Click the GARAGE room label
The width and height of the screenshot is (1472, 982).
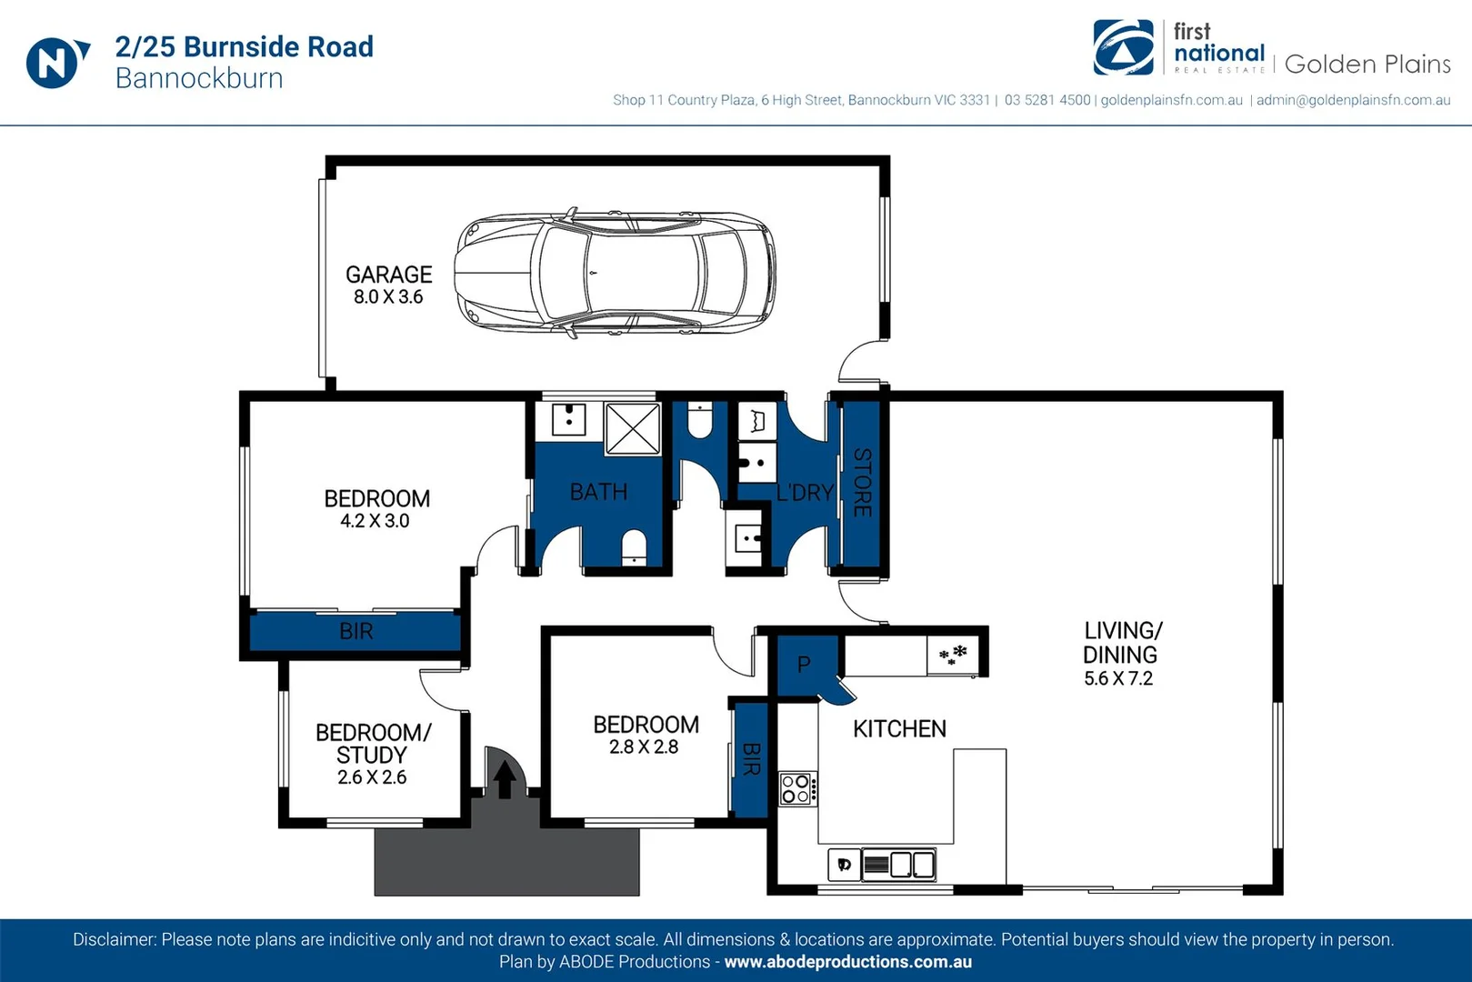(x=388, y=275)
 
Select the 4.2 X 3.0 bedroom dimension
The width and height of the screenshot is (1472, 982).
(x=375, y=521)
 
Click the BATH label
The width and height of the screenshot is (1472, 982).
(x=598, y=492)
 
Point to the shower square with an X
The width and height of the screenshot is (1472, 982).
(x=632, y=428)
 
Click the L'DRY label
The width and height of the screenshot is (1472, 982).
(x=805, y=493)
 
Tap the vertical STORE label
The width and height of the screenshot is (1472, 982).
(x=862, y=482)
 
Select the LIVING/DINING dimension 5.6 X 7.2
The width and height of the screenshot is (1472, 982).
(x=1118, y=678)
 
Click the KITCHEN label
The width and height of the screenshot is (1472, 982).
(x=899, y=728)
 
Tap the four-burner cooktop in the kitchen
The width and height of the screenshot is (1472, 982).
(x=797, y=788)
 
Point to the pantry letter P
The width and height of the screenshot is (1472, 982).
(x=804, y=665)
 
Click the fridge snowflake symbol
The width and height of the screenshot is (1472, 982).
(x=953, y=654)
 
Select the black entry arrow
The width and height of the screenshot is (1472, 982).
(x=505, y=779)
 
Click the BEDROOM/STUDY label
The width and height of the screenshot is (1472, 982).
(x=372, y=744)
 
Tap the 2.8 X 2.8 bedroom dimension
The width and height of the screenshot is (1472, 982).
(x=644, y=747)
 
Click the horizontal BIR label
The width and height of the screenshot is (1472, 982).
(x=355, y=631)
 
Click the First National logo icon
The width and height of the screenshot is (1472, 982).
(x=1123, y=47)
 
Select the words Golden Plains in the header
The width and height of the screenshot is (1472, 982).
(x=1367, y=64)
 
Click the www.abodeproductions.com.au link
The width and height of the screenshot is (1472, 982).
(x=847, y=962)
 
